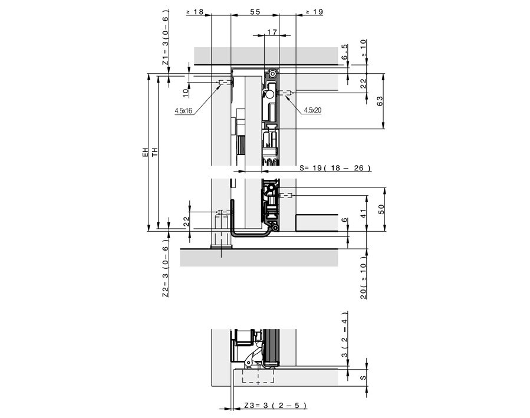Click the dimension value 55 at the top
pyautogui.click(x=255, y=12)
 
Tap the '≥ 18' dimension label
pyautogui.click(x=195, y=12)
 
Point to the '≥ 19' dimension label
pyautogui.click(x=313, y=12)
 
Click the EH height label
pyautogui.click(x=144, y=153)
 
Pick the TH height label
pyautogui.click(x=154, y=153)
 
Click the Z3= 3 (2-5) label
pyautogui.click(x=275, y=406)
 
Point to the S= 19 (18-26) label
pyautogui.click(x=334, y=168)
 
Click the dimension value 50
pyautogui.click(x=381, y=209)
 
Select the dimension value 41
pyautogui.click(x=364, y=213)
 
